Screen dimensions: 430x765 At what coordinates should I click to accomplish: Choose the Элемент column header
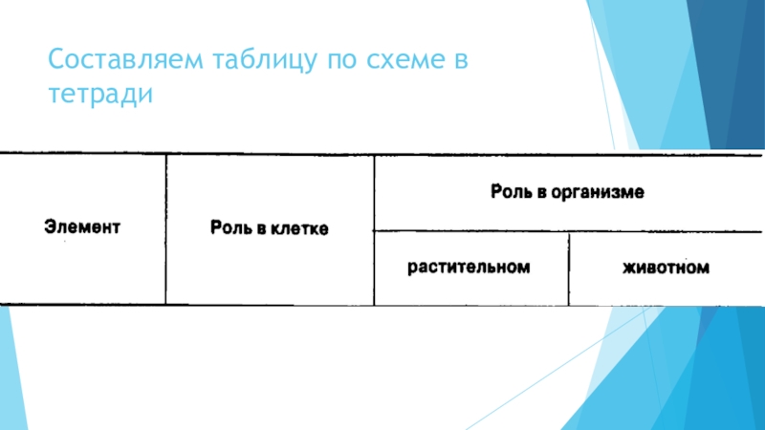coord(82,228)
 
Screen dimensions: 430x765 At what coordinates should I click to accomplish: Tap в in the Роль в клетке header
coord(259,229)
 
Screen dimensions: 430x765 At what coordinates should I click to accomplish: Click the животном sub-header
coord(667,269)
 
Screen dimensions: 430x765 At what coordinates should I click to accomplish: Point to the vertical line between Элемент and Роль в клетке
coord(166,229)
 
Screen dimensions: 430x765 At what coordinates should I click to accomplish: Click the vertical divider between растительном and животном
coord(569,269)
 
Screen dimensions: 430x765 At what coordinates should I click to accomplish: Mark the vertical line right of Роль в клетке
coord(374,229)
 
